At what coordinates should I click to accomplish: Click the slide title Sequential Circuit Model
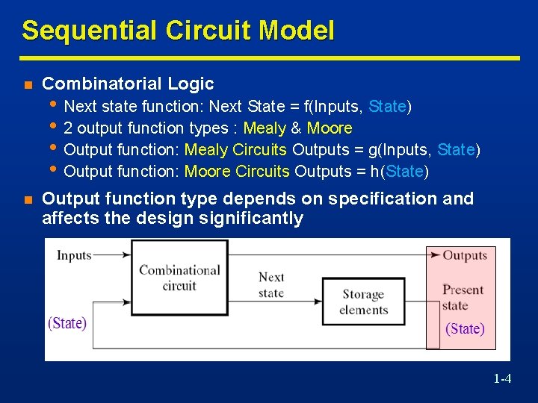[178, 31]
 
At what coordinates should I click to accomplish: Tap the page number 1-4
[502, 379]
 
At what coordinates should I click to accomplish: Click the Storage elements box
[363, 302]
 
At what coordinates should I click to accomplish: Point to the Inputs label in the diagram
[74, 255]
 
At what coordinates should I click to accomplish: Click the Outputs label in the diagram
[464, 255]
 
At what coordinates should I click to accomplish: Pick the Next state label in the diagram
[270, 284]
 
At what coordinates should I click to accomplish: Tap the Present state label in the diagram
[463, 297]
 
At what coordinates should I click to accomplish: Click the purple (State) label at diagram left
[67, 323]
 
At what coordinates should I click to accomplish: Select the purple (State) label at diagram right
[465, 328]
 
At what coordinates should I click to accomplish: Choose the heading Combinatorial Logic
[128, 84]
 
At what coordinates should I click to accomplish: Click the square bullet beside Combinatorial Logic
[28, 84]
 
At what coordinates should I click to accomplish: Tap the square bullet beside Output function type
[28, 199]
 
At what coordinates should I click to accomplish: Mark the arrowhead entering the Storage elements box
[318, 302]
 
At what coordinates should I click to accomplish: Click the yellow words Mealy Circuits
[235, 150]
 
